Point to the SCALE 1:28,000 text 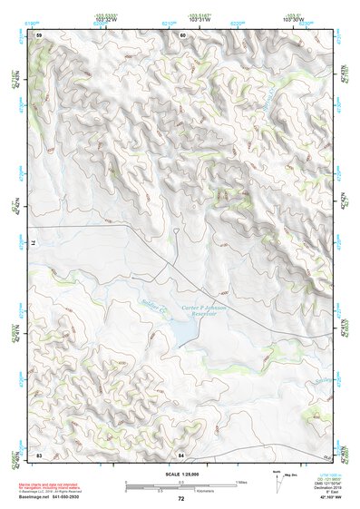tap(181, 473)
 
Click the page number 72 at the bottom tap(181, 498)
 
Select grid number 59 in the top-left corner tap(39, 34)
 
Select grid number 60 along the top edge tap(182, 34)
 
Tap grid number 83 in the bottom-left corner tap(39, 453)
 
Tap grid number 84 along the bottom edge tap(181, 453)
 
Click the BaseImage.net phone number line tap(61, 497)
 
